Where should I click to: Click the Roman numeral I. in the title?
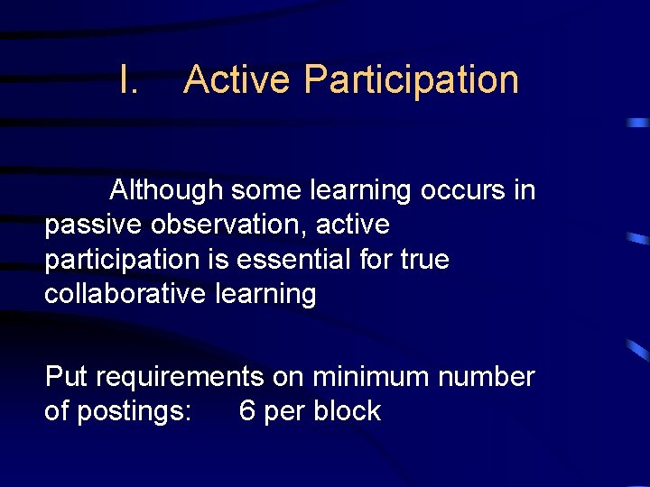(x=128, y=79)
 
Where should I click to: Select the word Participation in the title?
(x=411, y=79)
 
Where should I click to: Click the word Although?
(x=166, y=190)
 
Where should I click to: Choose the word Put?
(x=66, y=376)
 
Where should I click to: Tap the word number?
(x=487, y=376)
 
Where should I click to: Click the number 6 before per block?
(x=246, y=411)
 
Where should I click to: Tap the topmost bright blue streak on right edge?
(x=638, y=122)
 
